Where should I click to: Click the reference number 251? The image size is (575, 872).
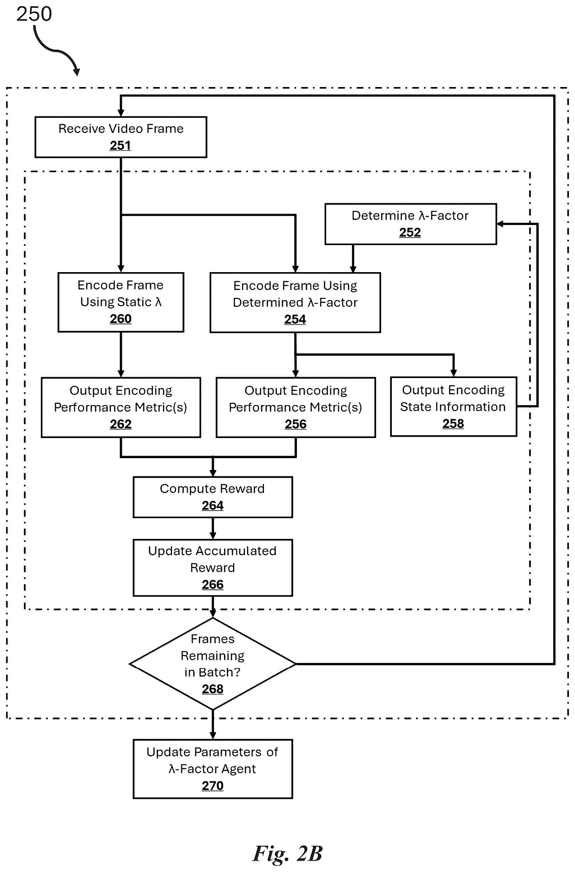click(120, 145)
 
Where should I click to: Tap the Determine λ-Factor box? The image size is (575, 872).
click(411, 224)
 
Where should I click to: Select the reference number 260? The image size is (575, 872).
click(121, 319)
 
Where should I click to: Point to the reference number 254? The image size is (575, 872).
click(295, 319)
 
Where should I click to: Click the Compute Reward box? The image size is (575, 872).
click(213, 497)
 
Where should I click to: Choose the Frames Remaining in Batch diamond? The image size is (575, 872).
click(213, 664)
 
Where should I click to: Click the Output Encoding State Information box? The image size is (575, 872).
click(454, 407)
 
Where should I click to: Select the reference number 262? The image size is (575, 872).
click(121, 424)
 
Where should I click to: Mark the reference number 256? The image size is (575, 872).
click(296, 424)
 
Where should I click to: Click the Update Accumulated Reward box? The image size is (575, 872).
click(213, 568)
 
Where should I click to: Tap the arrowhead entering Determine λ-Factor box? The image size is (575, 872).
click(500, 224)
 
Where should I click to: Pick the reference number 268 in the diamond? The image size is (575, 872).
click(213, 689)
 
